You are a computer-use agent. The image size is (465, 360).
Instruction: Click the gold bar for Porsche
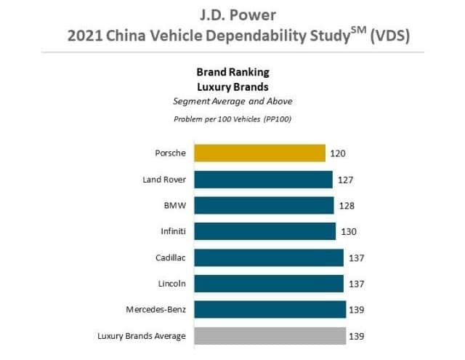click(259, 153)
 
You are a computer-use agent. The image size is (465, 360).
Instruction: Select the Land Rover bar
click(263, 180)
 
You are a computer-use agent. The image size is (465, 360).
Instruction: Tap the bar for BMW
click(264, 206)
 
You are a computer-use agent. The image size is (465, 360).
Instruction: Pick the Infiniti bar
click(265, 232)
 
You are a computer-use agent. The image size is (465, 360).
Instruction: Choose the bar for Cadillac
click(269, 258)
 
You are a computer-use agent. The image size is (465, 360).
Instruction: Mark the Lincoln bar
click(269, 284)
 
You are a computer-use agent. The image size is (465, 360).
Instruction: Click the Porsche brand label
click(171, 153)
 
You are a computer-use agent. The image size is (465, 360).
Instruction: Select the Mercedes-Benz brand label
click(155, 310)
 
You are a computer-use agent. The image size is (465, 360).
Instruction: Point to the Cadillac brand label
click(169, 258)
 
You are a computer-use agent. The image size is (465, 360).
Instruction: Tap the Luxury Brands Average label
click(142, 336)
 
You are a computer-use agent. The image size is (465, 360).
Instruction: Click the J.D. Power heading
click(232, 13)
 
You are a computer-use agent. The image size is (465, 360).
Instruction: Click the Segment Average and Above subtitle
click(232, 100)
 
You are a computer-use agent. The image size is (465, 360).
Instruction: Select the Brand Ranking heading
click(232, 72)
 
